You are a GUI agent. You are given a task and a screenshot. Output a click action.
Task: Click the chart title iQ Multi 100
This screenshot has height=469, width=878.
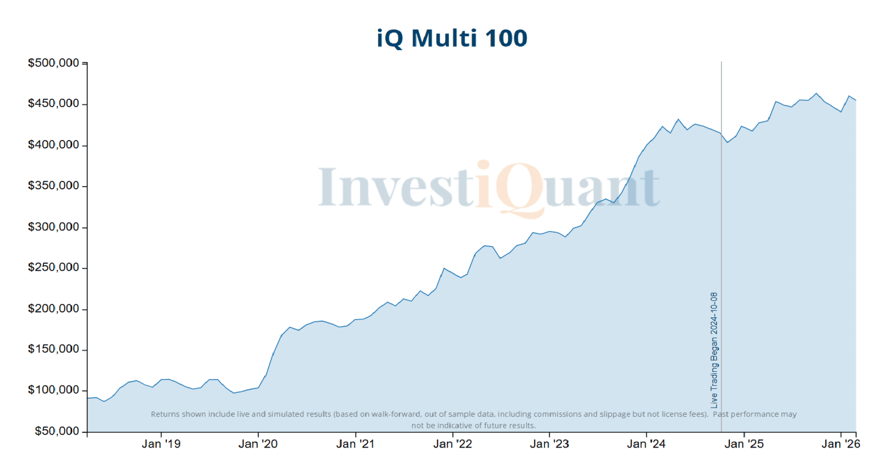452,38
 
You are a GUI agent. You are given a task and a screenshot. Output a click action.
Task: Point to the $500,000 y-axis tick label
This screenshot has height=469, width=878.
53,63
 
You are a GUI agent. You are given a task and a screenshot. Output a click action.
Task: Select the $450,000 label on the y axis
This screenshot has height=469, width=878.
53,104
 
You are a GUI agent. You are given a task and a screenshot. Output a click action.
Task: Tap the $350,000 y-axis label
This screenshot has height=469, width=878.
53,186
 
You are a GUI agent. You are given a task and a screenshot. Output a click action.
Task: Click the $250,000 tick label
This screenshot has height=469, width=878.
53,267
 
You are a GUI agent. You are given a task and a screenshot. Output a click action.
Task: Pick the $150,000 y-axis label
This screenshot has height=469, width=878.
53,349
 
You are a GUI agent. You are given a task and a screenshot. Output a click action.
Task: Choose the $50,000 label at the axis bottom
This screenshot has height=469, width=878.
57,431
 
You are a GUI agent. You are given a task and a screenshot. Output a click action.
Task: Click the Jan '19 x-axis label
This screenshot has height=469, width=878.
161,444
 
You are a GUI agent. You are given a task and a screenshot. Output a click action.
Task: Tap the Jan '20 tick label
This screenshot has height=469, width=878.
258,444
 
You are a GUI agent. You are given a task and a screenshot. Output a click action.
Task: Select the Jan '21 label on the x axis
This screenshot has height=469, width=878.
355,444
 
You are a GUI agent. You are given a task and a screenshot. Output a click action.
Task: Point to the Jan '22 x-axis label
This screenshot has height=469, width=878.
452,444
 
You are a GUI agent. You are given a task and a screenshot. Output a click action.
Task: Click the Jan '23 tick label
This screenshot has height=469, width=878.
549,444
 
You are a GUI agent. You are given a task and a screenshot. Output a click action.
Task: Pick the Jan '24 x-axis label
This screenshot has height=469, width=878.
646,444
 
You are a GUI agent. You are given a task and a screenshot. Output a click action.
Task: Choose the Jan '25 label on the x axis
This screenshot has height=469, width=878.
744,444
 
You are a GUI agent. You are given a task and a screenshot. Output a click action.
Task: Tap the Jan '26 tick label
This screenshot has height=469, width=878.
840,444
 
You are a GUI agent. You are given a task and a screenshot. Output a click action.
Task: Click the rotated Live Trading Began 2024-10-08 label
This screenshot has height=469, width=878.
714,350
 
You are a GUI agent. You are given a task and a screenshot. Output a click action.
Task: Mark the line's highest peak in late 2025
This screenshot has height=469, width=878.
816,93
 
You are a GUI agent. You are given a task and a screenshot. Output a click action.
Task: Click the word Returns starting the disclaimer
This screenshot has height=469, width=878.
165,414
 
